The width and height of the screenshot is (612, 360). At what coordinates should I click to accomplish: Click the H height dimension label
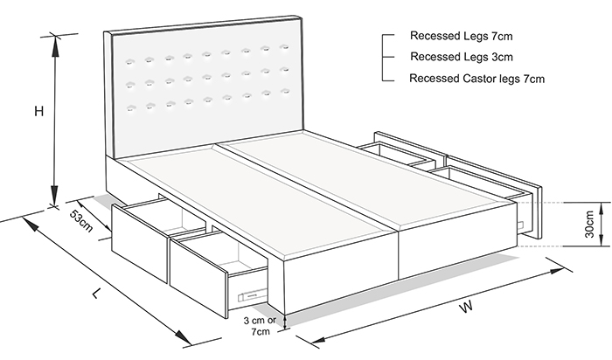click(x=38, y=111)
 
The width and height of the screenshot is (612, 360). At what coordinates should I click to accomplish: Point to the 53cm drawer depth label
click(x=80, y=222)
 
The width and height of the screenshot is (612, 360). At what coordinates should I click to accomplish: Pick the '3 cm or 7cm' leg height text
click(x=260, y=327)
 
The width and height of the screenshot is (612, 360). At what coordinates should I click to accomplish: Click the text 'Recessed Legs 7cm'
click(x=462, y=37)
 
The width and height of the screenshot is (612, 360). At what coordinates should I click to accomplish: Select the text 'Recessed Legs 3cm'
click(x=462, y=58)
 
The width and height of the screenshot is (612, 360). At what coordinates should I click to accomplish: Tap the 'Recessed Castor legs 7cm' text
click(x=477, y=79)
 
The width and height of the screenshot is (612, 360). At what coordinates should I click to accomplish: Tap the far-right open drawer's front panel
click(x=535, y=212)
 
